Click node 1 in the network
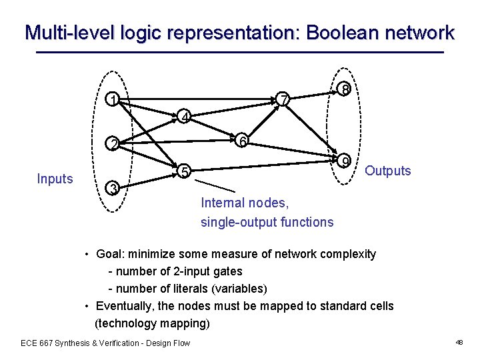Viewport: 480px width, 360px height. pos(115,101)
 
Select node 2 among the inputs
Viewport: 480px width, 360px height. pos(115,145)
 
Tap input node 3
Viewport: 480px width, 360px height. pos(115,189)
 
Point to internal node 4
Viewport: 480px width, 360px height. pos(184,118)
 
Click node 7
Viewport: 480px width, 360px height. pos(284,100)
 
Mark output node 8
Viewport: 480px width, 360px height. pos(343,89)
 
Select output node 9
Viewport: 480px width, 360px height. pos(343,161)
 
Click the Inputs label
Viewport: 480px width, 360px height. pos(55,179)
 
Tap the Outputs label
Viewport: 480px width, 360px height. pos(388,171)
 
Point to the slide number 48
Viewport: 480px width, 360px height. pos(459,342)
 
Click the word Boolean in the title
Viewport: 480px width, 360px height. pos(338,33)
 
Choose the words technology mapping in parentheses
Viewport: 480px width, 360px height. pos(152,323)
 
